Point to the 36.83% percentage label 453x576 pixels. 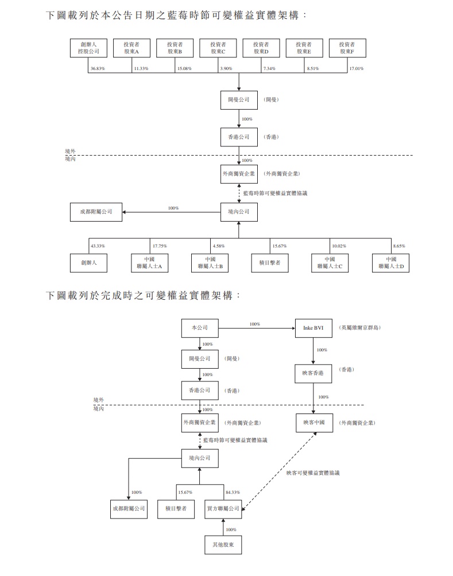coord(97,68)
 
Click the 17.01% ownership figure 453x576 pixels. coord(356,68)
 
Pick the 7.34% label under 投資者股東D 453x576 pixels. coord(270,68)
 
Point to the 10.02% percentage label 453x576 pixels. coord(339,246)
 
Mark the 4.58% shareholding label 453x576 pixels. coord(219,246)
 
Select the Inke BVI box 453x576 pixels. coord(313,328)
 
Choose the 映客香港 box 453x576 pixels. coord(313,373)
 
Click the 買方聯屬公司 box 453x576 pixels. coord(223,508)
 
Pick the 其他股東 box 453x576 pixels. coord(223,543)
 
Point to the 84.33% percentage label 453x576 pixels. coord(233,492)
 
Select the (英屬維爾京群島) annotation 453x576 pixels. coord(360,327)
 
